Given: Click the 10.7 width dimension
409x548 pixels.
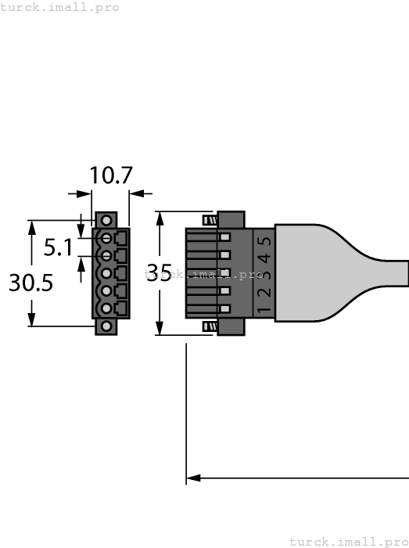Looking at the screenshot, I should tap(110, 175).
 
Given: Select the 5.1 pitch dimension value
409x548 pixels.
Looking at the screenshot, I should tap(58, 248).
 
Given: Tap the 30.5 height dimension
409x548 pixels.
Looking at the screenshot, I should tap(31, 283).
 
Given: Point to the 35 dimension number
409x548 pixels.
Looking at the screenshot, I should tap(160, 273).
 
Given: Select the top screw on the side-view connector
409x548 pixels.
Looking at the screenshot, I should tap(210, 220).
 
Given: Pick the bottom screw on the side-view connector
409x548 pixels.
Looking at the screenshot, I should tap(210, 326).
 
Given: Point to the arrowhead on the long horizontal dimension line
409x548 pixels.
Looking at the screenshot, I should tap(193, 478).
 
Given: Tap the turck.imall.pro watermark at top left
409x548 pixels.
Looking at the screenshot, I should tap(60, 7).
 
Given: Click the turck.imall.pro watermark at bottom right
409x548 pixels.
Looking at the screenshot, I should tap(349, 541).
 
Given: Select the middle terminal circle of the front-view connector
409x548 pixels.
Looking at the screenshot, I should tap(105, 273).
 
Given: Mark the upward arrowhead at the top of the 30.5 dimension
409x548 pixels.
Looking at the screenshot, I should tap(32, 225).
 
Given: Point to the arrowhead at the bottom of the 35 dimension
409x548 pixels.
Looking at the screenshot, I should tap(160, 329).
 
